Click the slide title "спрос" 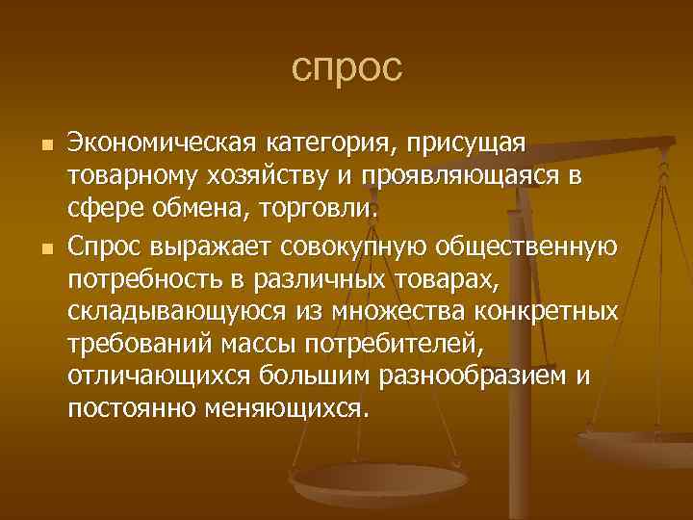pyautogui.click(x=346, y=68)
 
